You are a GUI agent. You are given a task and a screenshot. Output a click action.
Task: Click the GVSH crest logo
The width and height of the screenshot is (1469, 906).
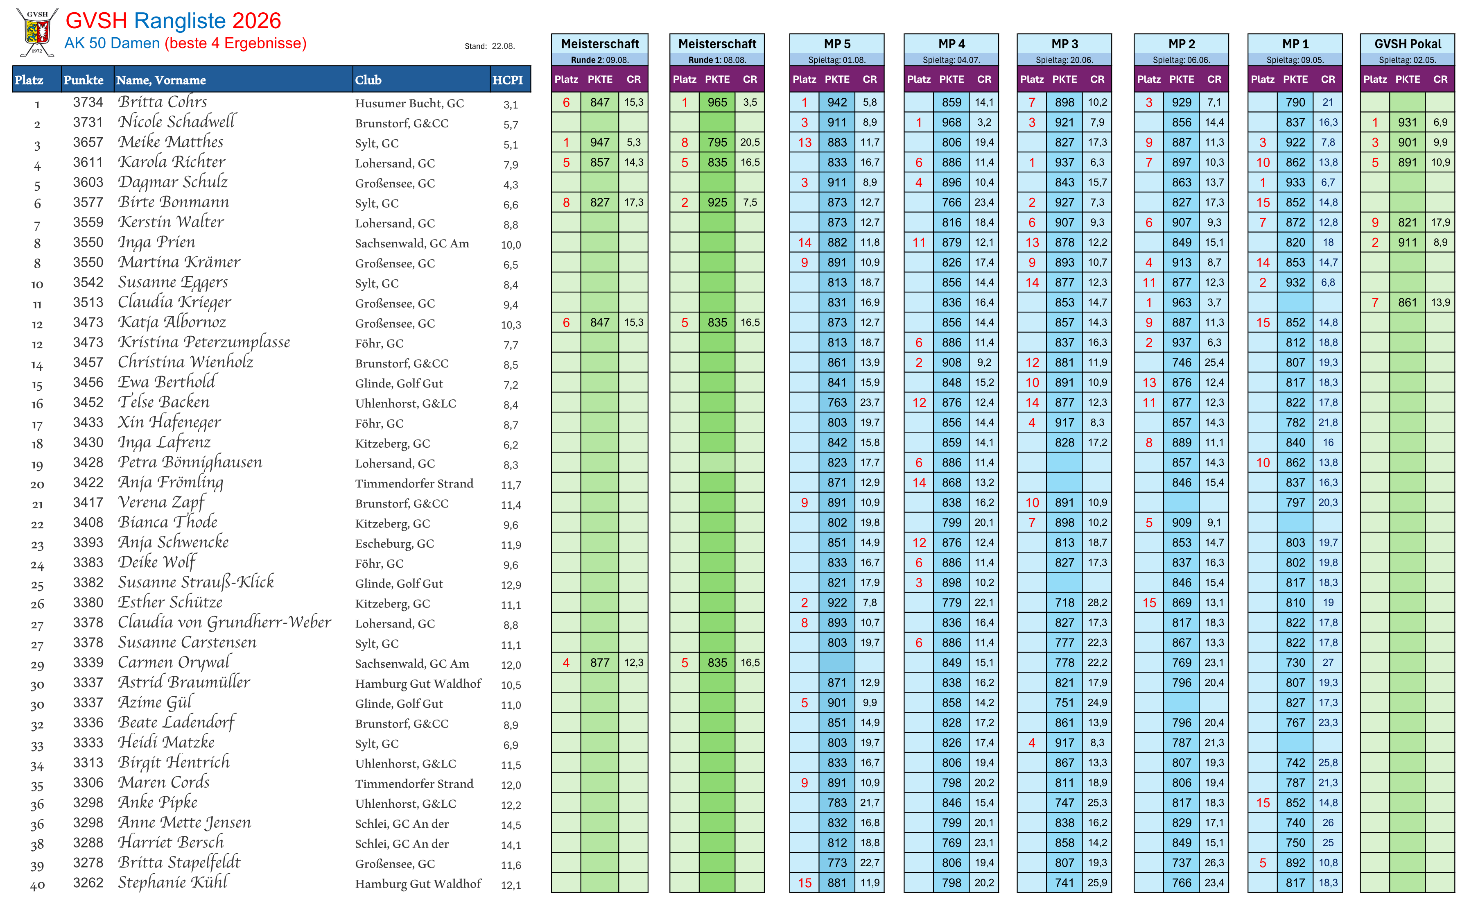[x=37, y=32]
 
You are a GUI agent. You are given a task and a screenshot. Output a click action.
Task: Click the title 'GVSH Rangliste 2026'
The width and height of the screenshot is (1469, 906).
[x=173, y=21]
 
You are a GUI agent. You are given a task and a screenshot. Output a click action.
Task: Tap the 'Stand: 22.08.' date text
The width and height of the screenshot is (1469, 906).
[x=489, y=46]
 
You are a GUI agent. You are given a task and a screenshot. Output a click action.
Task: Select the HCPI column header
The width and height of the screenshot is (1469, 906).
[x=507, y=80]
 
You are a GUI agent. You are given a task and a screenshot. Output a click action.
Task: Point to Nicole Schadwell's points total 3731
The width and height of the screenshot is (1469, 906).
[x=88, y=122]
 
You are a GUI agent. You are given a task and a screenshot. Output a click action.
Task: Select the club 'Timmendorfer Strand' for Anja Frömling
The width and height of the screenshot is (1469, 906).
[x=414, y=484]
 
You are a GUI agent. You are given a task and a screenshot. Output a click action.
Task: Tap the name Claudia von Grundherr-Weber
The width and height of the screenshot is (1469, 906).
[x=224, y=623]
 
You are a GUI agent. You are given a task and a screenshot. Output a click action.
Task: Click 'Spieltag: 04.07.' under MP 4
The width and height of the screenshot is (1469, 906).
[x=951, y=60]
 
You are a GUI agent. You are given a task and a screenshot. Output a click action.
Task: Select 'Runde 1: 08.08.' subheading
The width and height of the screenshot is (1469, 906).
[x=717, y=60]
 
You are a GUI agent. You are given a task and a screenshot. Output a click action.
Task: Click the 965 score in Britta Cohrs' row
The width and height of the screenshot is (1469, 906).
[x=717, y=102]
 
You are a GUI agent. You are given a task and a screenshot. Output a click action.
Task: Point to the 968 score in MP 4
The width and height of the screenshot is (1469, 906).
[x=951, y=122]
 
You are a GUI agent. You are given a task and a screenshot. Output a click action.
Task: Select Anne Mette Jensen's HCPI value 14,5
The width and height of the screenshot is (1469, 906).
[x=511, y=825]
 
